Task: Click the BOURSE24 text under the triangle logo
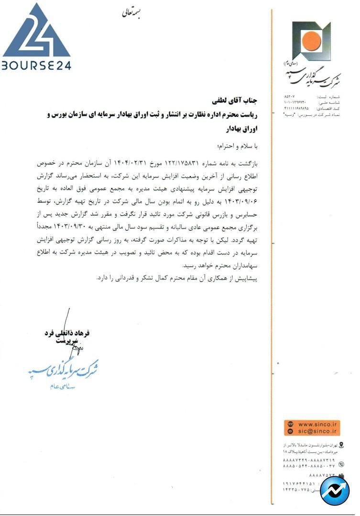click(36, 65)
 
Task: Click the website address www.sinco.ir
click(318, 424)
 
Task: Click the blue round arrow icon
click(335, 491)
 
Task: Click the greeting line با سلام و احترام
click(238, 145)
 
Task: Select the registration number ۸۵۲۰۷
click(290, 97)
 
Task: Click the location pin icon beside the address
click(340, 445)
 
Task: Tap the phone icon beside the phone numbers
click(341, 464)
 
